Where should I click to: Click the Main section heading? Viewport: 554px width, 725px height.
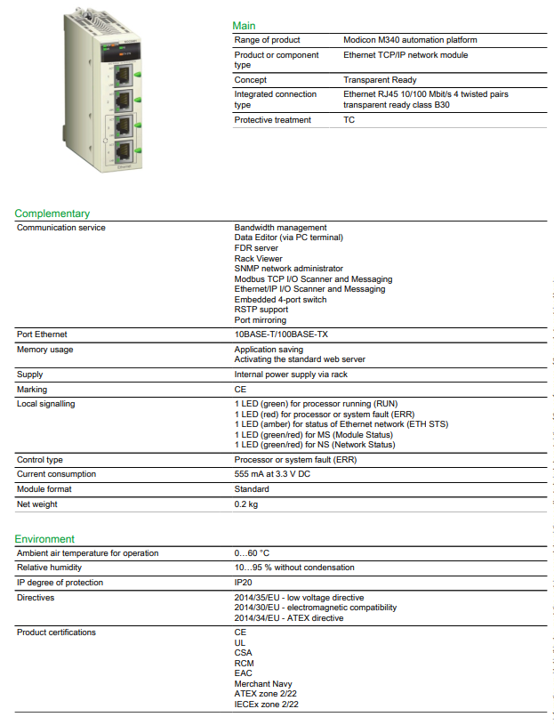pos(244,26)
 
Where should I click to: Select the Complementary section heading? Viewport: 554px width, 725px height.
pos(52,213)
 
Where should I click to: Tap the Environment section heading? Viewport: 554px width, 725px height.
pos(44,539)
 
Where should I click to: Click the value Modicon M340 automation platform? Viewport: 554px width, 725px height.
pos(410,40)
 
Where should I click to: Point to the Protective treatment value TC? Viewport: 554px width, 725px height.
pos(349,120)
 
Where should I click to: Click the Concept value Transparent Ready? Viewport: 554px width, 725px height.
pos(380,80)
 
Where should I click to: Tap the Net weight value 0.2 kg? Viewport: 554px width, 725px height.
pos(246,504)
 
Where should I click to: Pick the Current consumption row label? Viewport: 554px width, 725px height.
pos(57,475)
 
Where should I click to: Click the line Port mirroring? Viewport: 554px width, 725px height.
pos(261,320)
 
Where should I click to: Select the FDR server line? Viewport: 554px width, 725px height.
pos(257,248)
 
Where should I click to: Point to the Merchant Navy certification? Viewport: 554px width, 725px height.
pos(263,684)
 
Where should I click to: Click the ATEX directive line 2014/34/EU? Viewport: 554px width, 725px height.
pos(289,618)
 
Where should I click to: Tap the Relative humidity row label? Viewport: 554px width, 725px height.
pos(50,568)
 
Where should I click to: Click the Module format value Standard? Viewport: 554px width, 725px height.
pos(253,489)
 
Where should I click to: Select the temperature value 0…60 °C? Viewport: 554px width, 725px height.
pos(253,553)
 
